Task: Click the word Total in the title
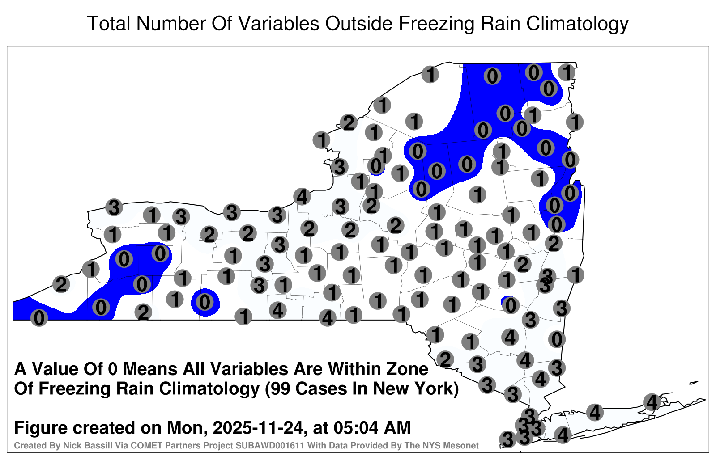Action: click(x=109, y=23)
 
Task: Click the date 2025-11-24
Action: click(x=258, y=427)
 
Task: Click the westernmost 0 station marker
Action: click(x=39, y=318)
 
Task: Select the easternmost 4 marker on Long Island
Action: click(x=652, y=402)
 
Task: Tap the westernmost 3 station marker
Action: click(x=114, y=207)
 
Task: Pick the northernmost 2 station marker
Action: click(x=349, y=122)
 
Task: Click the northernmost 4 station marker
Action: click(x=302, y=196)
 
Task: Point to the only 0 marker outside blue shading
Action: click(x=557, y=339)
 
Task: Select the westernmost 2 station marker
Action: click(x=61, y=284)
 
